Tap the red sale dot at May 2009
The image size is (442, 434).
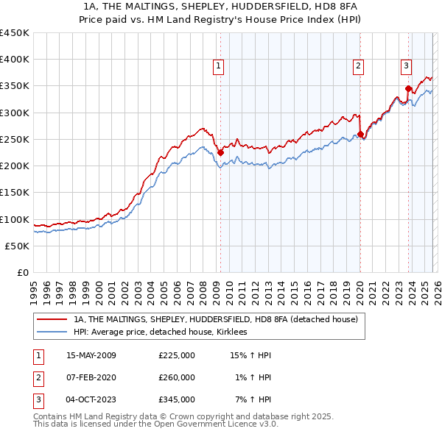click(220, 153)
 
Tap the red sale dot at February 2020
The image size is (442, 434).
click(360, 135)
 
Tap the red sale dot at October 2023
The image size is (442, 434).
click(408, 89)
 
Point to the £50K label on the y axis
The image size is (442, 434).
click(18, 246)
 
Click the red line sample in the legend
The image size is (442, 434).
click(52, 319)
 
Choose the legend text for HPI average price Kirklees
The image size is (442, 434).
click(160, 332)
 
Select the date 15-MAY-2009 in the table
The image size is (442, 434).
click(91, 355)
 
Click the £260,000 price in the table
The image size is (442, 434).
click(176, 377)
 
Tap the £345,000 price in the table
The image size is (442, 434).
click(176, 399)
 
